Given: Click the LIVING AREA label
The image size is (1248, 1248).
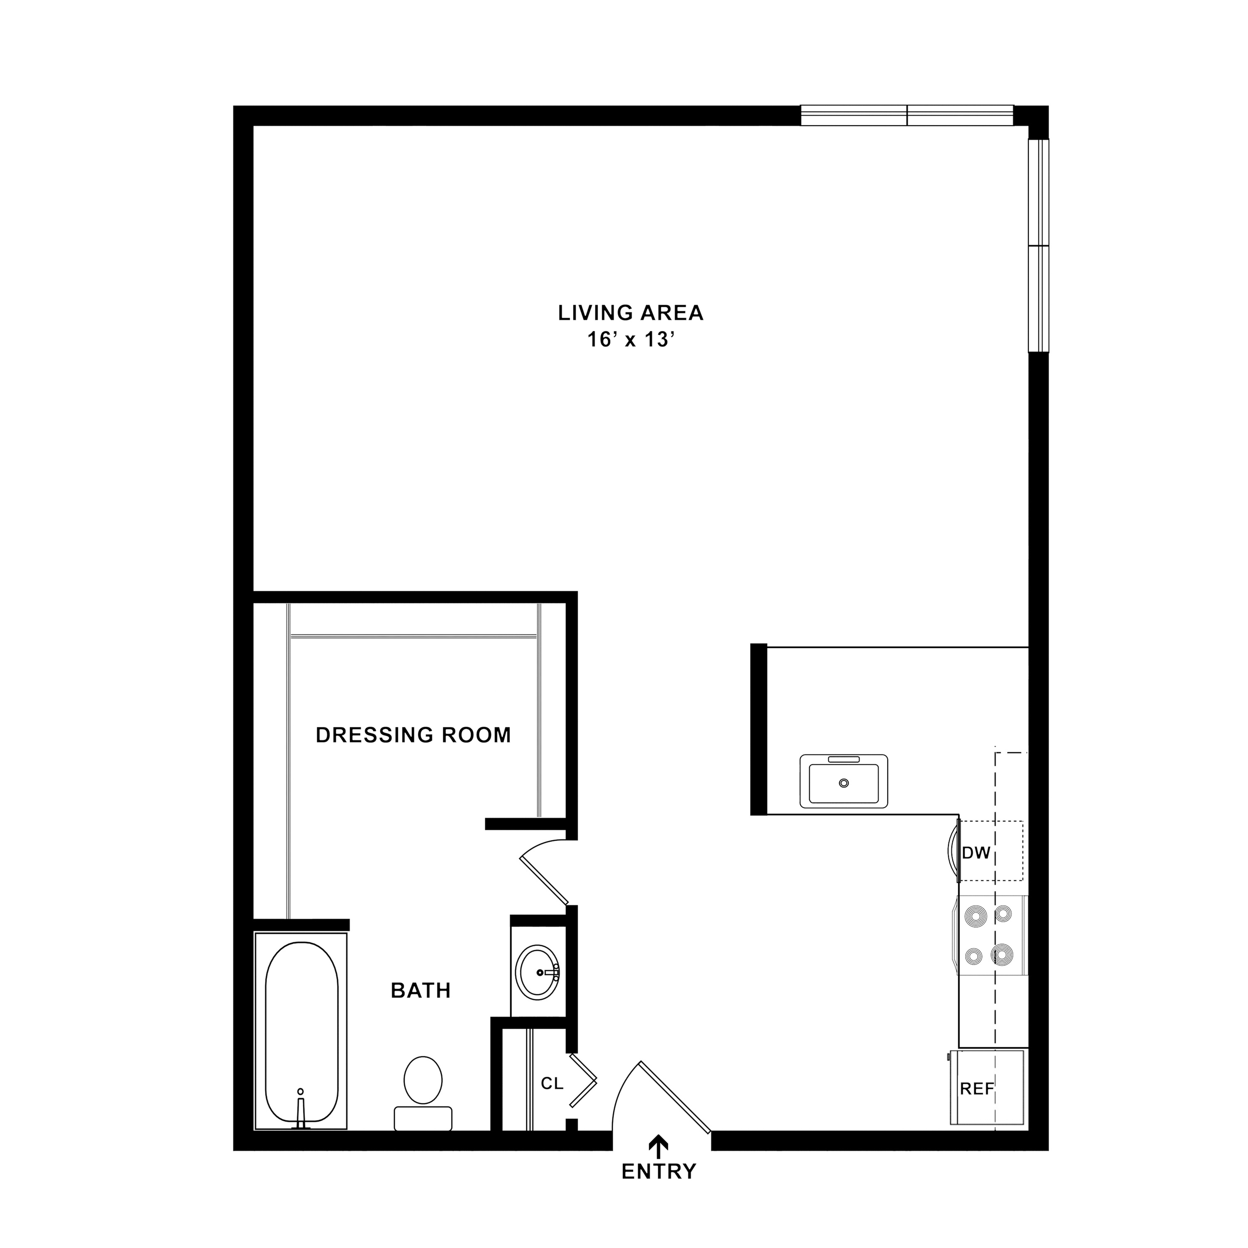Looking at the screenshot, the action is click(631, 313).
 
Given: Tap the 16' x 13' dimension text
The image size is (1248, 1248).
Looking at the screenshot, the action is click(631, 340).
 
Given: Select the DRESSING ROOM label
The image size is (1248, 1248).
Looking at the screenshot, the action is click(414, 735).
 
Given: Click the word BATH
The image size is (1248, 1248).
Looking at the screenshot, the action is click(421, 990).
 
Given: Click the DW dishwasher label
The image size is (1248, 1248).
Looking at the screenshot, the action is click(976, 853).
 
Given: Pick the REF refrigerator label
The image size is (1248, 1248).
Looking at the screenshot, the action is click(977, 1089).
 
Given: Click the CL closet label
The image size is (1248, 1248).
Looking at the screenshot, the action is click(552, 1083).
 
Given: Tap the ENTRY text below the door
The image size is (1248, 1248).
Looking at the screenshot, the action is click(659, 1189).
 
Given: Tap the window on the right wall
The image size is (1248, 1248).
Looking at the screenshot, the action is click(1039, 245).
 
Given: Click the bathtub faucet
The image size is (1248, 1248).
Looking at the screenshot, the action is click(300, 1110).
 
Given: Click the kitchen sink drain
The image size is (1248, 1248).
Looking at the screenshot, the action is click(844, 783).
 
